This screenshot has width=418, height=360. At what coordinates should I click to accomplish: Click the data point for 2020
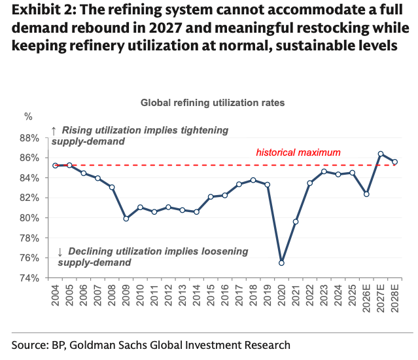[281, 263]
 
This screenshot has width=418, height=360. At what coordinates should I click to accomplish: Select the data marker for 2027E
[381, 154]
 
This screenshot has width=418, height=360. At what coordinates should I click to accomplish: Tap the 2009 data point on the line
[126, 219]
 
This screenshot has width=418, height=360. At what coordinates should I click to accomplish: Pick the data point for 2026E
[366, 194]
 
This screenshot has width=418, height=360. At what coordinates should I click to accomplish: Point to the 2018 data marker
[253, 180]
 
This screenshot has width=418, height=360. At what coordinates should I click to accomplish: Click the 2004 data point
[55, 166]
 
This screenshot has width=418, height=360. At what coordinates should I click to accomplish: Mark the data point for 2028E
[395, 162]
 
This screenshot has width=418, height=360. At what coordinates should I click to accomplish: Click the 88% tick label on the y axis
[29, 138]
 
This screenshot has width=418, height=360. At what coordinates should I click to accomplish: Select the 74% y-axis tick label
[29, 278]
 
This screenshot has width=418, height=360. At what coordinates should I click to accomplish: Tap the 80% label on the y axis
[29, 218]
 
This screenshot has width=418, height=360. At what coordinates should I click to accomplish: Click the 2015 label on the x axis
[211, 295]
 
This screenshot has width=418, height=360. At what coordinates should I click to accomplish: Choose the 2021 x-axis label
[296, 295]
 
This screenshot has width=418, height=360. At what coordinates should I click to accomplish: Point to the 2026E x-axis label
[366, 298]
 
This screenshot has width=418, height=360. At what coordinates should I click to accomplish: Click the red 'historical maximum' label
[298, 153]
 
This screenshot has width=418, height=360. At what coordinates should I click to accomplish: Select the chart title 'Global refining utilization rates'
[213, 103]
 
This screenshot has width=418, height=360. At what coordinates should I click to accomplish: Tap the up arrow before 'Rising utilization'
[54, 131]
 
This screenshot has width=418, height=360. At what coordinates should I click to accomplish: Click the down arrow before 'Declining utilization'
[60, 252]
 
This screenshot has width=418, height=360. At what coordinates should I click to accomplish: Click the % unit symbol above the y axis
[28, 117]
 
